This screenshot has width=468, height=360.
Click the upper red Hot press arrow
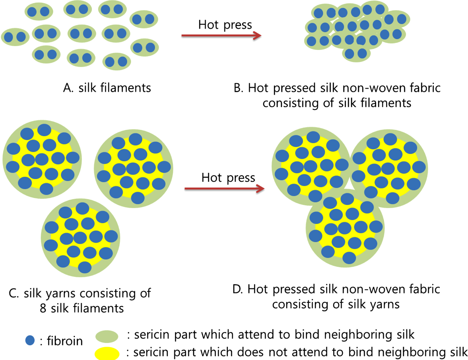pos(221,36)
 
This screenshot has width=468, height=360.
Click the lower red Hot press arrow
pos(224,189)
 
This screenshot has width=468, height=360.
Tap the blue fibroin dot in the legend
pos(30,340)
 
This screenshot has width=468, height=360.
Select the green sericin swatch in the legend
pos(107,336)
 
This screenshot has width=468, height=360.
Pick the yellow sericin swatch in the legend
pos(107,353)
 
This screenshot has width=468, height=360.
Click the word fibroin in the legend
pos(65,341)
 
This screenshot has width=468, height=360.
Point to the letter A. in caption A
pos(68,88)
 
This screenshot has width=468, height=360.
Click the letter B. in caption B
pos(238,88)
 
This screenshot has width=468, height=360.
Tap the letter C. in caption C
pos(14,293)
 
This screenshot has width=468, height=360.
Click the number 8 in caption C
pos(43,309)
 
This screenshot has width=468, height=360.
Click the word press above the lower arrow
pos(240,178)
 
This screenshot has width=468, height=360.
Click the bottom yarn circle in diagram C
pos(80,238)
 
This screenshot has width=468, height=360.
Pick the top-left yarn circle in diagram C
pos(42,159)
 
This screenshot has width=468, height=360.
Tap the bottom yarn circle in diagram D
pos(345,228)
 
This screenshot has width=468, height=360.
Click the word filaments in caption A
pos(126,88)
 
